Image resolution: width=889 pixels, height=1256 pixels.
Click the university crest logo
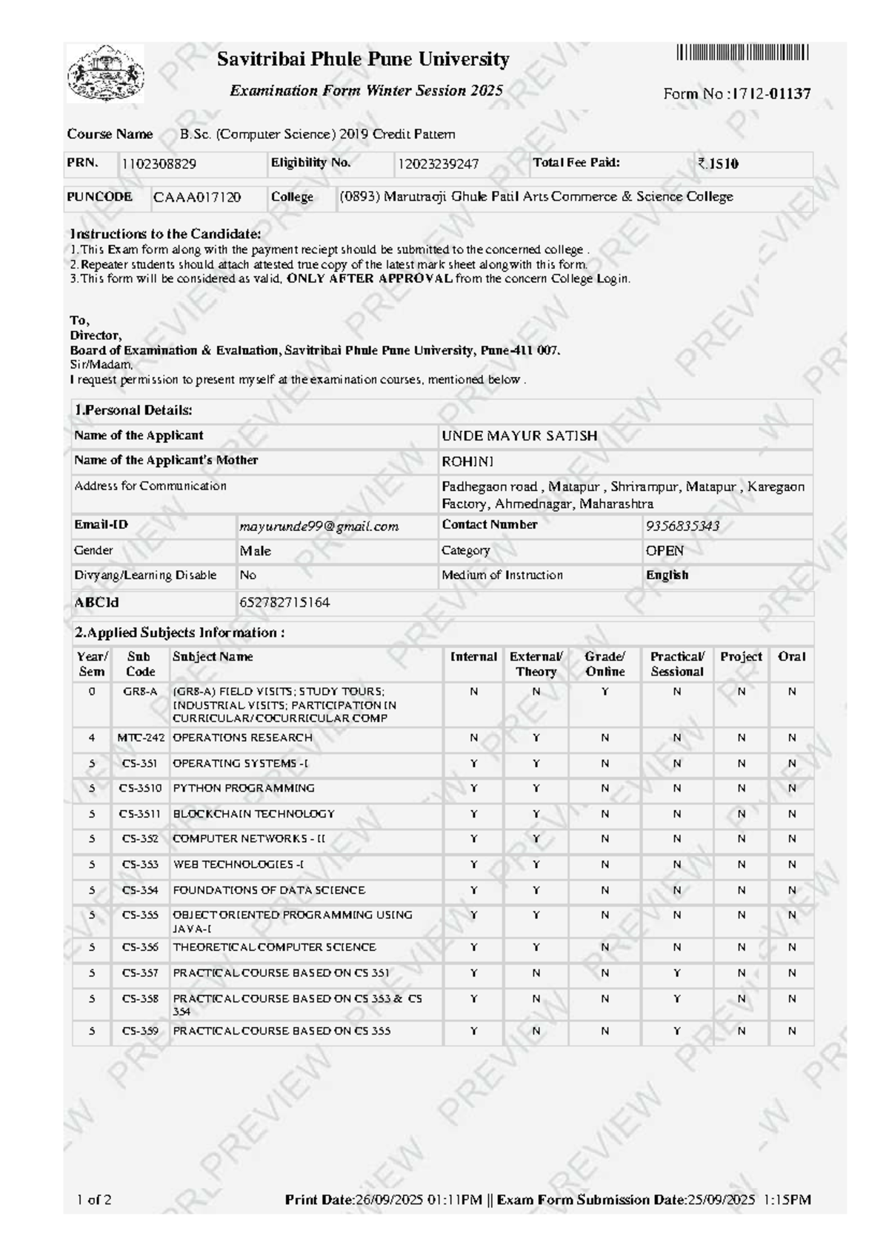[106, 73]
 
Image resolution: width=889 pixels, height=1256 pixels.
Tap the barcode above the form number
[742, 53]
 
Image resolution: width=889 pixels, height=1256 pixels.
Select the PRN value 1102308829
[159, 164]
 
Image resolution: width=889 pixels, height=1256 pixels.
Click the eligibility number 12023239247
[438, 164]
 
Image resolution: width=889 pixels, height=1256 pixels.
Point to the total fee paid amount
[718, 164]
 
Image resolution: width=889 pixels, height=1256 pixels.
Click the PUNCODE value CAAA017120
[197, 197]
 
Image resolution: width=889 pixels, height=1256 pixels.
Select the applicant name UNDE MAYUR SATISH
[519, 435]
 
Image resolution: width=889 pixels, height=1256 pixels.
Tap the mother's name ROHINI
[467, 461]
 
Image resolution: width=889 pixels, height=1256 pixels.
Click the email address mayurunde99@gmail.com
[319, 527]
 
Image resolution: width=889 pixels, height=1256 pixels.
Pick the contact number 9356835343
[682, 527]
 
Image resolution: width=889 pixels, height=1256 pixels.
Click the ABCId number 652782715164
[284, 603]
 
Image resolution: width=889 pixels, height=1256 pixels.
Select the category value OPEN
[665, 551]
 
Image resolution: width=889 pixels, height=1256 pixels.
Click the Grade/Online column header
[605, 664]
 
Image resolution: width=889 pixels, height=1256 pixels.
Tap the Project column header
[741, 657]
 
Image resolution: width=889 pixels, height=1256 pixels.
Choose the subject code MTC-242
[141, 738]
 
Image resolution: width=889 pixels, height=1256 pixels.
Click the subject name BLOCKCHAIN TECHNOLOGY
[253, 814]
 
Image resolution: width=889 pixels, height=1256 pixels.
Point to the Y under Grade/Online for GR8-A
[605, 692]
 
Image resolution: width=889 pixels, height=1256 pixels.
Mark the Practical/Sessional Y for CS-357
[677, 973]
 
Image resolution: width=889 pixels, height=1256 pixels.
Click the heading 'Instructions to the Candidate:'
[165, 234]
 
